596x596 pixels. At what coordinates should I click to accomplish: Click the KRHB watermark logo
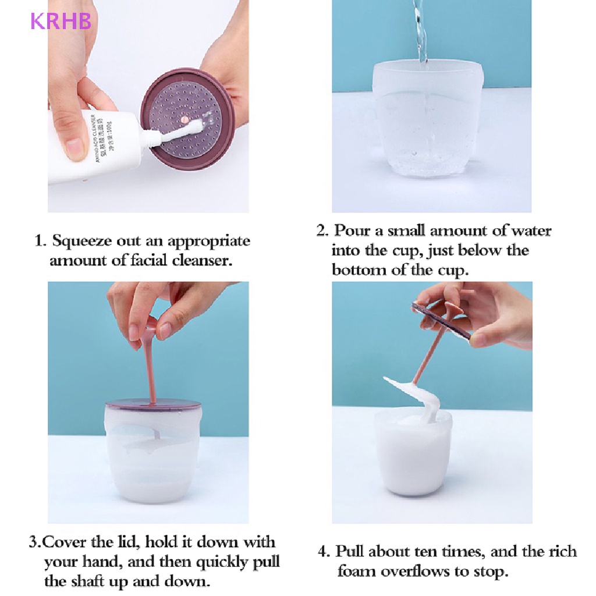point(61,22)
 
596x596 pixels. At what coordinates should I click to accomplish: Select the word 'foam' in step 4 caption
point(356,571)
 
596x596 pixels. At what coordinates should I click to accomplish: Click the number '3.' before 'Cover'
point(36,542)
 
